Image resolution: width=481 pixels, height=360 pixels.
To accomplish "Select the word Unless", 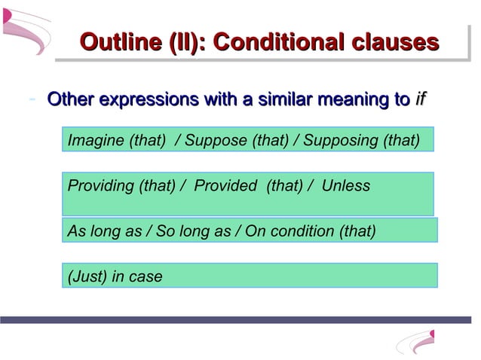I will point(346,185).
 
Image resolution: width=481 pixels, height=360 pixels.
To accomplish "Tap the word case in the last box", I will point(145,276).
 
